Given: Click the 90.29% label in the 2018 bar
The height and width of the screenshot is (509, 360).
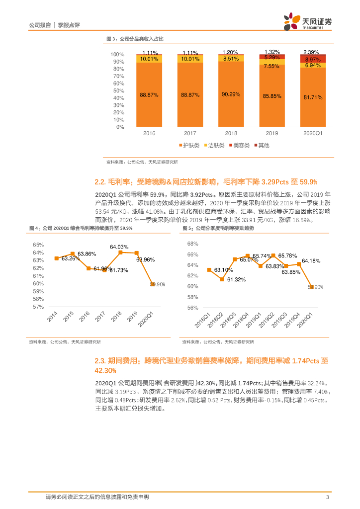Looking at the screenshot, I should pos(232,94).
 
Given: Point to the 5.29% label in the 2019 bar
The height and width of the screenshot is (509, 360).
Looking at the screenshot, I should pos(272,57).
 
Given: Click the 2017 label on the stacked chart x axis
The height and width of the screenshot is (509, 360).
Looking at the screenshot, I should pos(190,134).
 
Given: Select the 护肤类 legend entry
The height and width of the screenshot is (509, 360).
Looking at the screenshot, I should pos(188,145).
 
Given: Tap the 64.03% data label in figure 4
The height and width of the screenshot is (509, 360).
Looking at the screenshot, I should pos(119,247).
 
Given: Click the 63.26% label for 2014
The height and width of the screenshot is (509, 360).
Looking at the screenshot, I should pos(71,258).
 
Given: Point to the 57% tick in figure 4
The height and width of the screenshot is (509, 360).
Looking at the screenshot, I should pos(38,307).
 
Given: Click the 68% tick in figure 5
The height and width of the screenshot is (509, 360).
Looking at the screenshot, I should pos(192,244).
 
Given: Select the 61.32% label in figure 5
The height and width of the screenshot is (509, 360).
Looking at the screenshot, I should pos(237,280).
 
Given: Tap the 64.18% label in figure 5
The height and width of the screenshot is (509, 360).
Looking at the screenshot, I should pos(311,261).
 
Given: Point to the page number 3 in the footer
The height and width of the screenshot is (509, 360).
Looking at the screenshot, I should pos(327,497).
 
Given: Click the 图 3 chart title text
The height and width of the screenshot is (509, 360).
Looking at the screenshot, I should pos(135,39).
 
